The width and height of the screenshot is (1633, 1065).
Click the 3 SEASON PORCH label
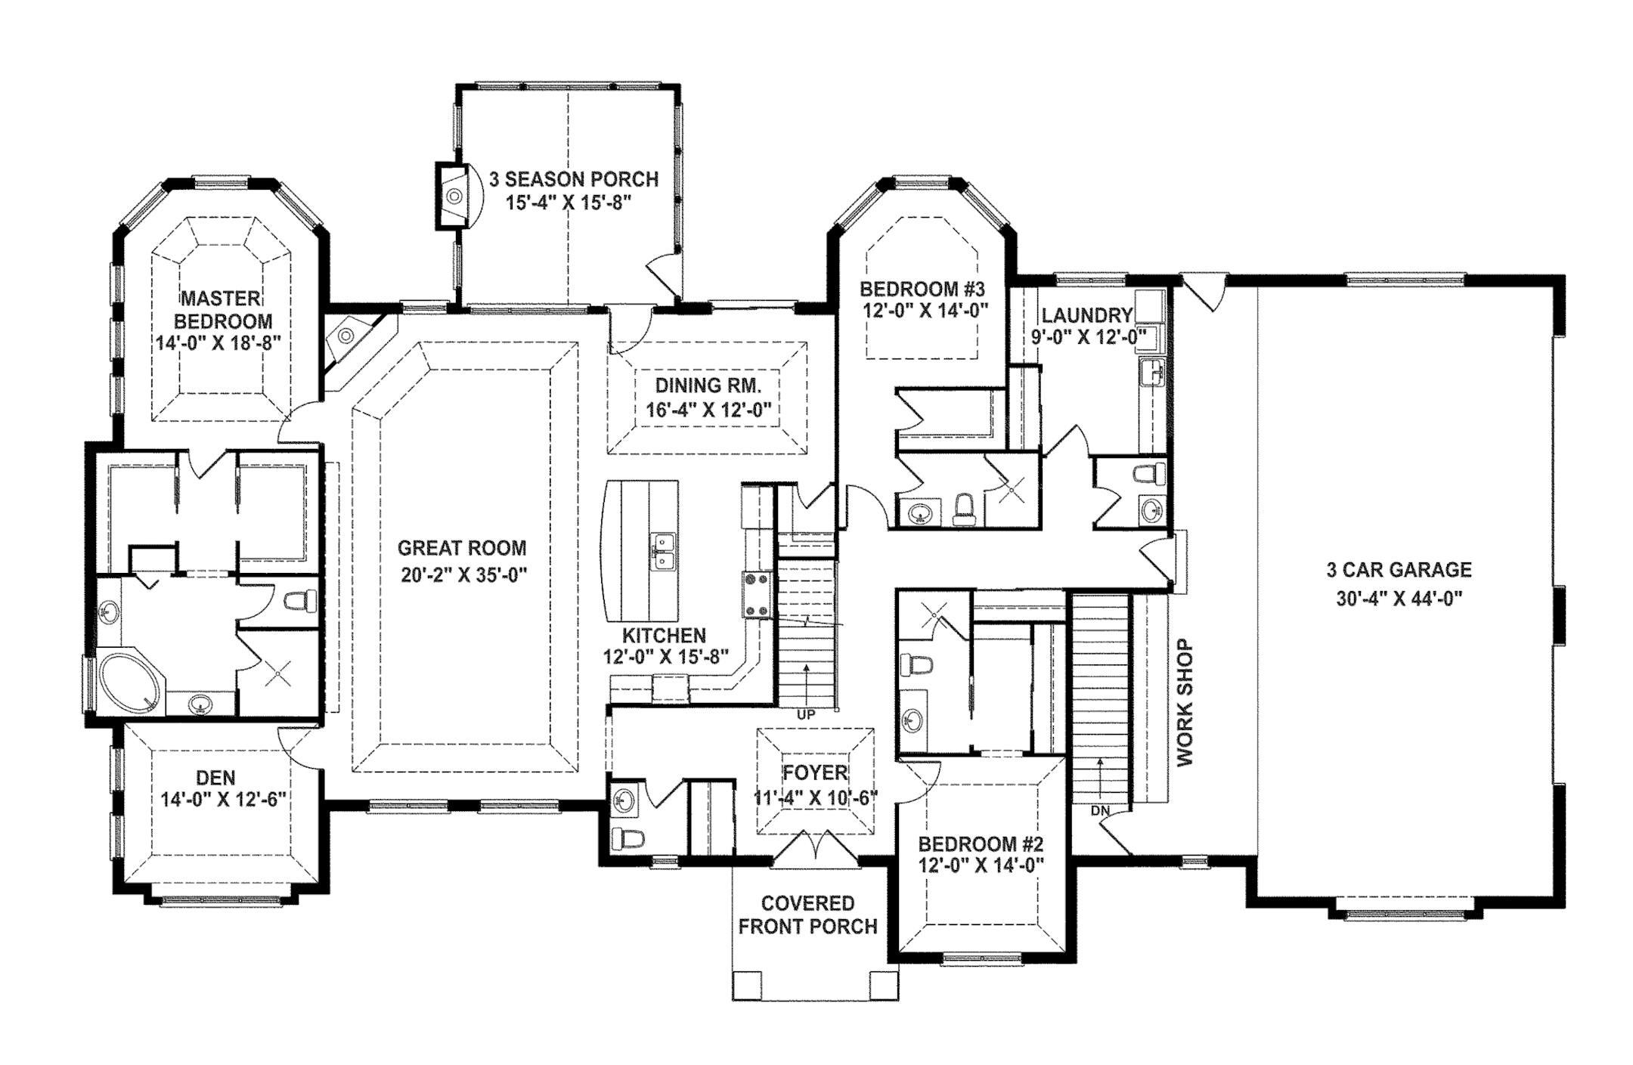[x=574, y=179]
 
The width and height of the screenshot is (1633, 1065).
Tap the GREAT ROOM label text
[x=462, y=548]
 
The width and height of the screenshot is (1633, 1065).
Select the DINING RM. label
[x=708, y=385]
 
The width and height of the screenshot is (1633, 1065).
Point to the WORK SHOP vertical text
[x=1184, y=703]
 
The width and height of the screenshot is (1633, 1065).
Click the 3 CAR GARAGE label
[x=1399, y=570]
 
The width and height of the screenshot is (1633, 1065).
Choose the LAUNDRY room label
[x=1087, y=315]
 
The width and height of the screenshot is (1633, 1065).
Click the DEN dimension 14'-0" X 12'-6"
[x=223, y=800]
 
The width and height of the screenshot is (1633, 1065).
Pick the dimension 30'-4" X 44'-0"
[x=1399, y=599]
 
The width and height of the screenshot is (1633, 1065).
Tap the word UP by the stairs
[x=807, y=714]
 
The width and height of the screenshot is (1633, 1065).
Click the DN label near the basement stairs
[x=1100, y=811]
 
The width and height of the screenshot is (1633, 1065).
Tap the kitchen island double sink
[x=663, y=553]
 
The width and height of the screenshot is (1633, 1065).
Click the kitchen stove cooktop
[x=757, y=595]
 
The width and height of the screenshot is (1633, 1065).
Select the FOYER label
[x=815, y=772]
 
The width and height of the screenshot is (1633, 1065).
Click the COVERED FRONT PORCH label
[x=808, y=915]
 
